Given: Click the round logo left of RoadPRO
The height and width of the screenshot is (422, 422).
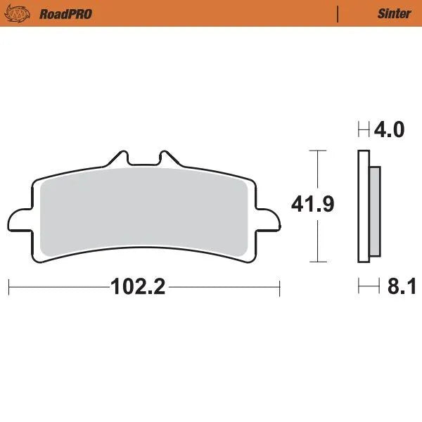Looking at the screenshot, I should point(24,13).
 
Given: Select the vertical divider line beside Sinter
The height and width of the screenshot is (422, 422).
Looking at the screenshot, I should point(339,13).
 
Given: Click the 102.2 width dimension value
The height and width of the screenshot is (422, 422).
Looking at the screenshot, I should point(137,287).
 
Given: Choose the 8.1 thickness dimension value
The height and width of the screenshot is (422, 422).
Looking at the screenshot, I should point(399,287).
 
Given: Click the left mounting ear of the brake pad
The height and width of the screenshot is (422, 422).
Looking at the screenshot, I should point(20,219).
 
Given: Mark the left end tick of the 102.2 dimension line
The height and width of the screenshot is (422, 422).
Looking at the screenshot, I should point(8,287).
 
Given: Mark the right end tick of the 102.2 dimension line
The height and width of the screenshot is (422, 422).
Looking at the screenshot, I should point(280,287).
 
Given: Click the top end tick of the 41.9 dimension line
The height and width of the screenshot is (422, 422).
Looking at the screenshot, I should point(319,151).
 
